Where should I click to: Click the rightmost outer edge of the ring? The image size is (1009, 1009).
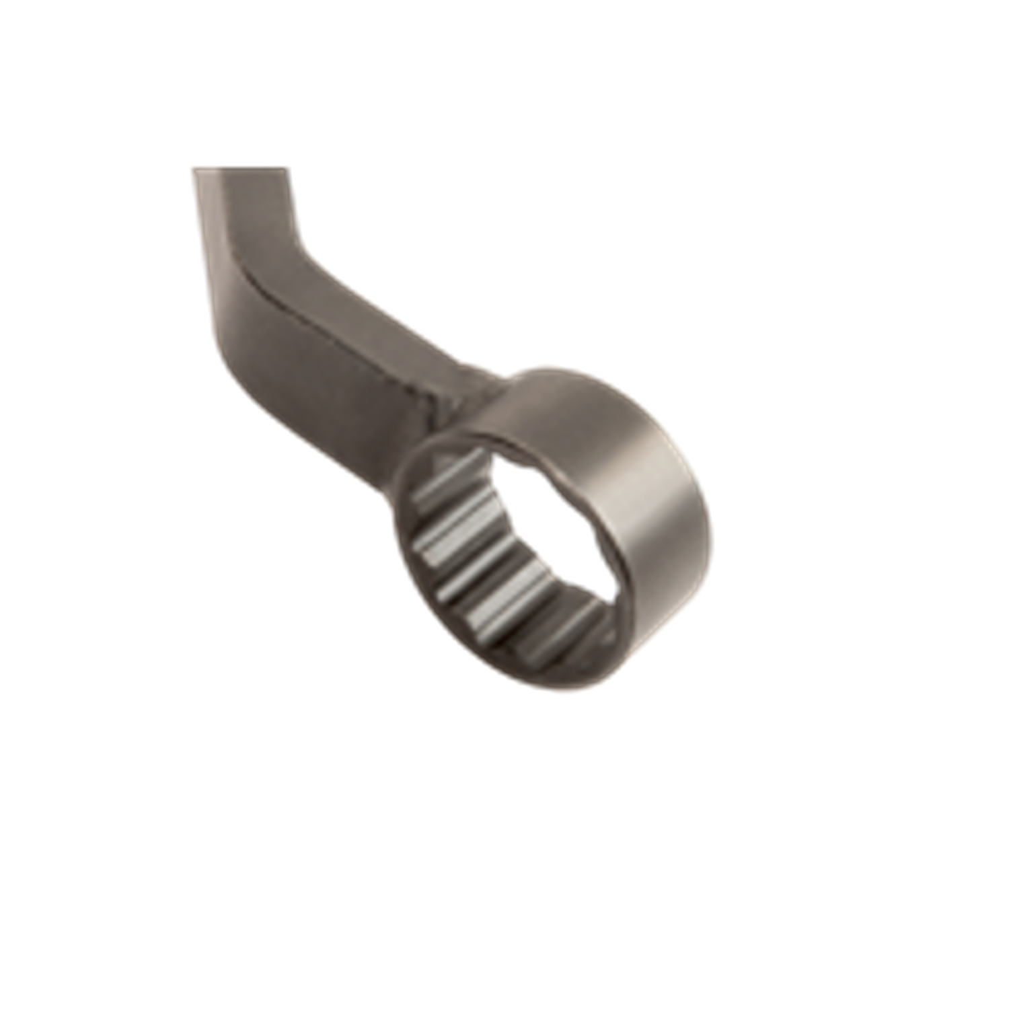click(713, 538)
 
